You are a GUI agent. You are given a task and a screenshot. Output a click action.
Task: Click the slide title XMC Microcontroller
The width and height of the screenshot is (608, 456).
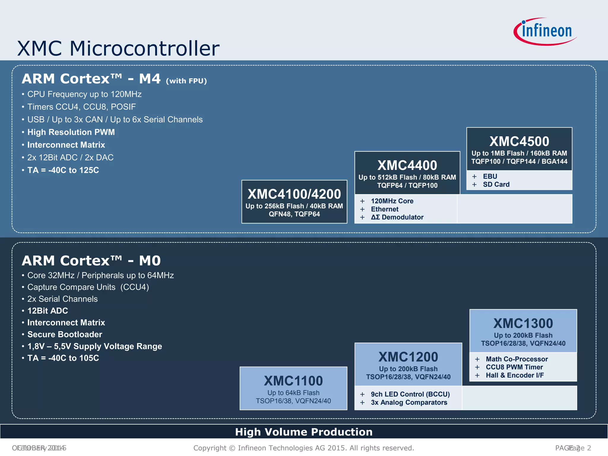pos(118,48)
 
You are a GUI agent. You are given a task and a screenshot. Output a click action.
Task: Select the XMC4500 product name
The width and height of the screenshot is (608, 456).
pos(519,141)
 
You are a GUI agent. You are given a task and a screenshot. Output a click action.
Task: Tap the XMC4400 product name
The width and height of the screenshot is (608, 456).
pos(407,165)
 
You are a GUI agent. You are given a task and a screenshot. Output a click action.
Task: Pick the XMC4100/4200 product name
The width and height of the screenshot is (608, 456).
pos(294,194)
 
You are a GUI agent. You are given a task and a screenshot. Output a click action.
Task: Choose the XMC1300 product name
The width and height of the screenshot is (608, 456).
pos(523,323)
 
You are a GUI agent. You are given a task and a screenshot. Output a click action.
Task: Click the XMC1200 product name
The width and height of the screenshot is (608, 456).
pos(408,357)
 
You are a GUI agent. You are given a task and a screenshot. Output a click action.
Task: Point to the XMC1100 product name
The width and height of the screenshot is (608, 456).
pos(293,381)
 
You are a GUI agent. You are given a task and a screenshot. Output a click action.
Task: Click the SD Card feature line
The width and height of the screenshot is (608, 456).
pos(496,184)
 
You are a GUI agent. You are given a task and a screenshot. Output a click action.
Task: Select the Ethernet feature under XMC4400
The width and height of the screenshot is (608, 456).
pos(384,209)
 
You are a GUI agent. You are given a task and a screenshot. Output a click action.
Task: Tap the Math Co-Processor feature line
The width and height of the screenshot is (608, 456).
pos(517,359)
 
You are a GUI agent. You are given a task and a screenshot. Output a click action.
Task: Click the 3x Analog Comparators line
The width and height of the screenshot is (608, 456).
pos(409,402)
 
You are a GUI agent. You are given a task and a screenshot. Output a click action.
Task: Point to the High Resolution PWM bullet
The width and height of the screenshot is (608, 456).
pos(71,132)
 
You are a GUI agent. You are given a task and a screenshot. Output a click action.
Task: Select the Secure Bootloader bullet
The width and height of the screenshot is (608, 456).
pos(65,334)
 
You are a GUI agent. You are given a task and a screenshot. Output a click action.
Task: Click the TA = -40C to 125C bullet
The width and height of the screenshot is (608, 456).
pos(63,170)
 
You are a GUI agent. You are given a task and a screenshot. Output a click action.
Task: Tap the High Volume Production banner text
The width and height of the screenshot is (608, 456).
pos(304,432)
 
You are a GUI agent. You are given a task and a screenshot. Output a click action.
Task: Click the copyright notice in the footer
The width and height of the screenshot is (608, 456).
pos(304,448)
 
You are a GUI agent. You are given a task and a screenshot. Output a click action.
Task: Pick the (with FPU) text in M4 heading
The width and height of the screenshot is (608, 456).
pos(186,81)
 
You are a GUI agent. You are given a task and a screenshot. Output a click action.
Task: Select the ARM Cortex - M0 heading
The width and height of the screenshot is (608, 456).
pos(91,261)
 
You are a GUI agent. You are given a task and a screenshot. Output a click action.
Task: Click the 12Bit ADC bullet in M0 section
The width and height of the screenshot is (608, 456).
pos(47,311)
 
